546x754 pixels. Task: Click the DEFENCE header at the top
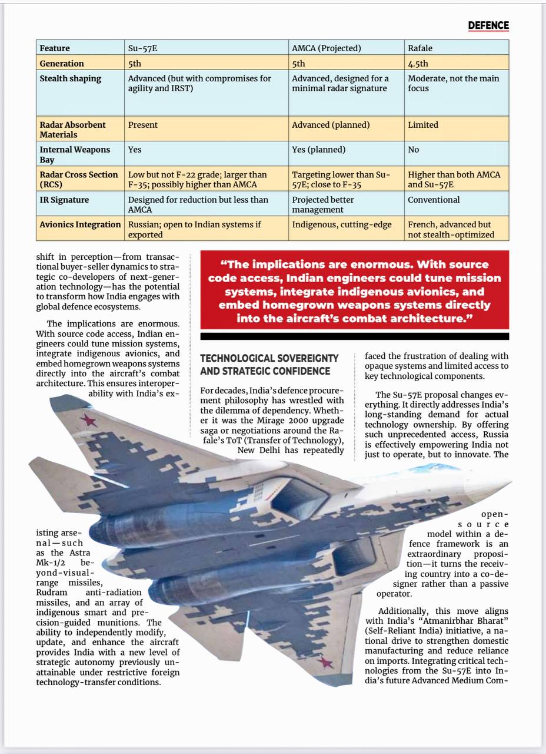488,25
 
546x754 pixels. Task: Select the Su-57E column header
142,48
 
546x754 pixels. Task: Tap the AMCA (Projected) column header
326,48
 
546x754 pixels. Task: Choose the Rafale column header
420,48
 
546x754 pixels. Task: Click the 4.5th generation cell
418,63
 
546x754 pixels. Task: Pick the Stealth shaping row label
70,78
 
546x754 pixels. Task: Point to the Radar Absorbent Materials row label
72,129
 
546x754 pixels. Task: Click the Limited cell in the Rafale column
423,125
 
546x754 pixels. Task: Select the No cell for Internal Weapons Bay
413,150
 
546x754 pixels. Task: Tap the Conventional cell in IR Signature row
434,200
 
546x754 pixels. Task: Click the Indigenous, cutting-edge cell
341,224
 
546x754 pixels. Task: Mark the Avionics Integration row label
80,224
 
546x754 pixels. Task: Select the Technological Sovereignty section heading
269,364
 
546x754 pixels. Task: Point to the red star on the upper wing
89,420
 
